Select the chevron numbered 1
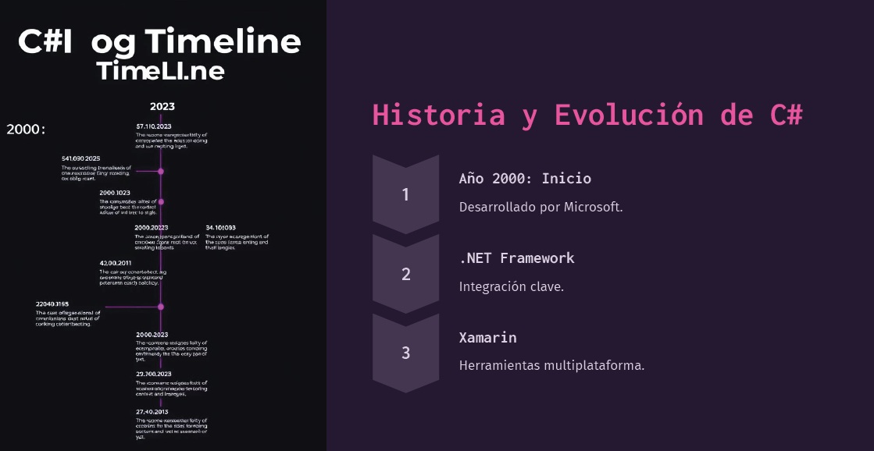click(405, 194)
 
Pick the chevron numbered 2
click(405, 274)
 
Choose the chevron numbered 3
click(405, 353)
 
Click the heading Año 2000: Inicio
click(525, 178)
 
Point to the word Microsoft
click(593, 208)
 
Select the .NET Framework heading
click(516, 257)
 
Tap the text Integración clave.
click(511, 286)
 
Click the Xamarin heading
click(487, 337)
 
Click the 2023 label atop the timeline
click(162, 106)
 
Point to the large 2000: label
click(27, 129)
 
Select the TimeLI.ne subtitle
click(161, 71)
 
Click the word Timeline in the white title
click(223, 41)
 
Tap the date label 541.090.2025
click(80, 158)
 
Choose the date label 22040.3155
click(52, 304)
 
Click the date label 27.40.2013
click(152, 411)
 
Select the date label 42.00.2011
click(116, 263)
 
